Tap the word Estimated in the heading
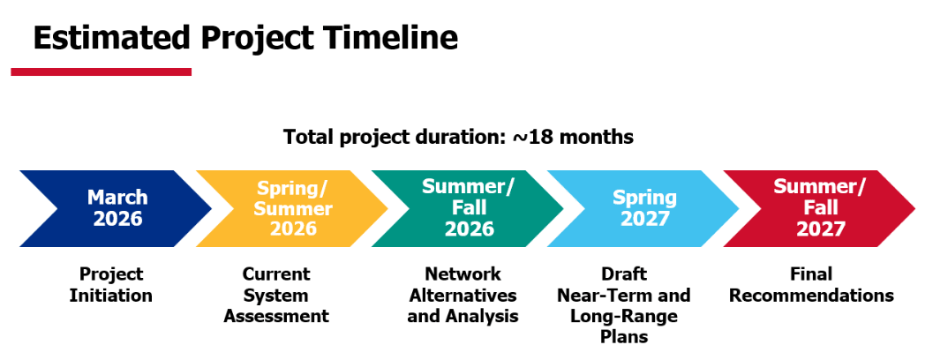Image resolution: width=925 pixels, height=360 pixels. tap(112, 38)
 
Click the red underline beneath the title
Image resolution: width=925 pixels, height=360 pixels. tap(101, 72)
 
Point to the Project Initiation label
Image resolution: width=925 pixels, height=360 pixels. tap(111, 284)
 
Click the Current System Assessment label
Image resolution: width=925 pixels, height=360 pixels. tap(276, 295)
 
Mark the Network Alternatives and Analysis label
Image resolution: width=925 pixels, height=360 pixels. tap(462, 295)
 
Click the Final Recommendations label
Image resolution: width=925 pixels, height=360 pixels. tap(812, 284)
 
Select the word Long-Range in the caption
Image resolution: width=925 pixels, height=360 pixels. tap(624, 317)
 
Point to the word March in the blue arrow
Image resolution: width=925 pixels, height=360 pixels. tap(118, 197)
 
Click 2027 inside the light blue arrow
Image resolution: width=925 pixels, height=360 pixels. tap(645, 219)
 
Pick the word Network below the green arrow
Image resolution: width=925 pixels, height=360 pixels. tap(462, 274)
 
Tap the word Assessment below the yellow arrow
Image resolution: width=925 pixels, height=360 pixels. tap(276, 316)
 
